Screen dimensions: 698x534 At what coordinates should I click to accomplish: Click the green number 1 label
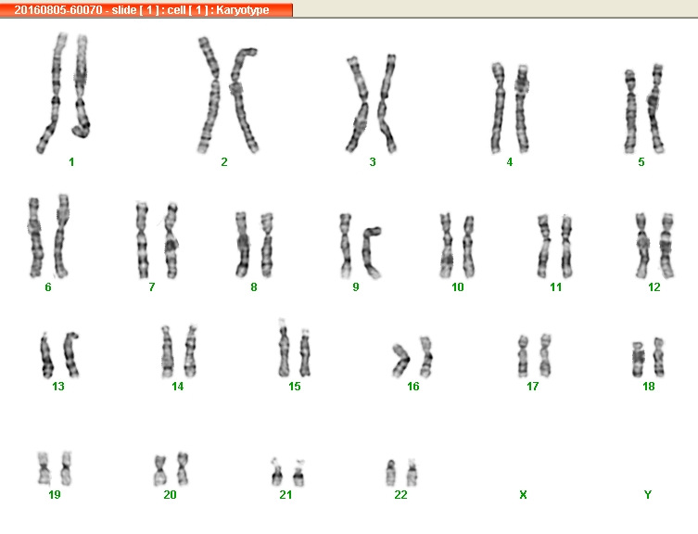[x=71, y=162]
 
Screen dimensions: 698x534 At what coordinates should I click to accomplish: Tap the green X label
[x=523, y=494]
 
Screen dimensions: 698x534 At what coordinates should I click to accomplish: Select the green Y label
[x=648, y=494]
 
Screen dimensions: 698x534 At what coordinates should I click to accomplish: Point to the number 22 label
[x=400, y=494]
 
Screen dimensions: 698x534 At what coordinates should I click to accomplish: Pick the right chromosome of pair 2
[x=243, y=100]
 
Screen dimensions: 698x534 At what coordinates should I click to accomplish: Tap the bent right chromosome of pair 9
[x=371, y=252]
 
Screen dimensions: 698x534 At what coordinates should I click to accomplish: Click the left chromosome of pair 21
[x=277, y=475]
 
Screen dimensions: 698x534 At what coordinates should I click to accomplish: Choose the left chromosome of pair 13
[x=46, y=356]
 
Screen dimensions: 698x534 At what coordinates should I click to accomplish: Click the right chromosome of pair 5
[x=655, y=109]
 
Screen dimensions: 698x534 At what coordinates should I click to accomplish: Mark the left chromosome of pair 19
[x=44, y=468]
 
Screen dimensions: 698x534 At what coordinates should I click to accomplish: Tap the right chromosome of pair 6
[x=61, y=236]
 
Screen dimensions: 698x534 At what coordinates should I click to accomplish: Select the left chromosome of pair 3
[x=360, y=105]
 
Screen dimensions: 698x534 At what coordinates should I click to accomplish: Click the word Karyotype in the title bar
[x=243, y=10]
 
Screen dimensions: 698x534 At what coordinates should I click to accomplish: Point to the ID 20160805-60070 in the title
[x=58, y=10]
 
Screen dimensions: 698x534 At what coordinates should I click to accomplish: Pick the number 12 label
[x=654, y=287]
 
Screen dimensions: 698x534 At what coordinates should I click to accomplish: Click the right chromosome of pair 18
[x=659, y=358]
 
